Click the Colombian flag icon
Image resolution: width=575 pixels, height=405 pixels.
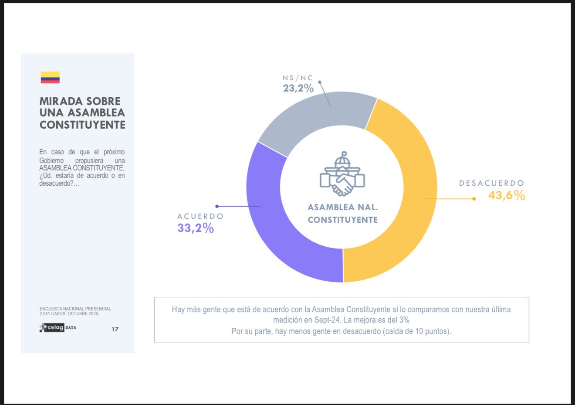pyautogui.click(x=50, y=77)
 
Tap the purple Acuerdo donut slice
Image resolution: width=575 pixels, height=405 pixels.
pyautogui.click(x=279, y=227)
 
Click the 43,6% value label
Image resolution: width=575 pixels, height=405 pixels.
pyautogui.click(x=507, y=195)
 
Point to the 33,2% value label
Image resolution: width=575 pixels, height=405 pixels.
pyautogui.click(x=196, y=228)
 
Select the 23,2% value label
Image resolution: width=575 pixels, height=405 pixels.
pyautogui.click(x=298, y=88)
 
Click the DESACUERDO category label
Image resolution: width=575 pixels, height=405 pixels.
pyautogui.click(x=492, y=183)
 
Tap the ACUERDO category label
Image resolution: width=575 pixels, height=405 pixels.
pyautogui.click(x=200, y=216)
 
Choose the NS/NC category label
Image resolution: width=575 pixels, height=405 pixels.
pyautogui.click(x=298, y=78)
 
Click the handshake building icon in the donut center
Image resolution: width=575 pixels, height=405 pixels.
pyautogui.click(x=342, y=174)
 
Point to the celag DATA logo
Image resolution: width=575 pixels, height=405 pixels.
pyautogui.click(x=58, y=328)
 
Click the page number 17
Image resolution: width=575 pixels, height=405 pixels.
pyautogui.click(x=115, y=329)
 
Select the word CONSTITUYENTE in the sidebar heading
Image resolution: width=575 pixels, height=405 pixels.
pyautogui.click(x=82, y=125)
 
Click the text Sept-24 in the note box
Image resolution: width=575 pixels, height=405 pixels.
pyautogui.click(x=327, y=320)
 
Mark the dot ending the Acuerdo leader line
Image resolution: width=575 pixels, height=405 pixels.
pyautogui.click(x=217, y=206)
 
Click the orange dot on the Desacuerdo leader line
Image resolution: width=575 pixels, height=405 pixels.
pyautogui.click(x=474, y=199)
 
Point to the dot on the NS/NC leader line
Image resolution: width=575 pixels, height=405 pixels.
pyautogui.click(x=320, y=82)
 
